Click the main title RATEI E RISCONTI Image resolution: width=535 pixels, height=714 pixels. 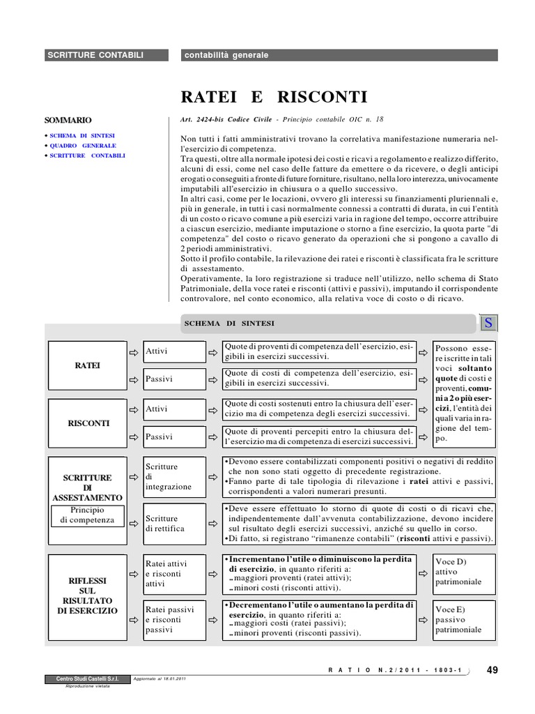coord(274,96)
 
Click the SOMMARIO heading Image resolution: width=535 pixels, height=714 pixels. coord(68,120)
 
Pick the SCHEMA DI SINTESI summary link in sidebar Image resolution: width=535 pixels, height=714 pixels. coord(82,135)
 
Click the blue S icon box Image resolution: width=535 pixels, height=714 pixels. coord(489,324)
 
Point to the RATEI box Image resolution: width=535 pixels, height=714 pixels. coord(87,365)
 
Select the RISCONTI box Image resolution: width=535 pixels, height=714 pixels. coord(87,423)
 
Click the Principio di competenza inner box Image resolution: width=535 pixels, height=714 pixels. coord(87,515)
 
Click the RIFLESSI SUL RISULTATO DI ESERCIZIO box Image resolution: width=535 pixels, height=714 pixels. coord(87,595)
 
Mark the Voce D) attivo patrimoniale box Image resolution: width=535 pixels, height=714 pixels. coord(463,572)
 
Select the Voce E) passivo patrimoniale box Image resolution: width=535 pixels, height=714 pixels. coord(463,619)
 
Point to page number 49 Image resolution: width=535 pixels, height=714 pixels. coord(493,670)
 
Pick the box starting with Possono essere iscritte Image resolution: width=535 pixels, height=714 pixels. coord(463,394)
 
